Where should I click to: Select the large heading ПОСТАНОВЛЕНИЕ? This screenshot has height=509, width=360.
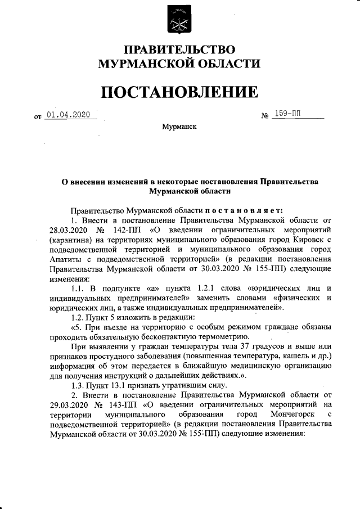(x=179, y=91)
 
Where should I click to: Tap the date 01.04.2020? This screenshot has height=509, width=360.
(x=68, y=115)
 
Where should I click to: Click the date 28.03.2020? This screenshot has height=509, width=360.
(x=68, y=229)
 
